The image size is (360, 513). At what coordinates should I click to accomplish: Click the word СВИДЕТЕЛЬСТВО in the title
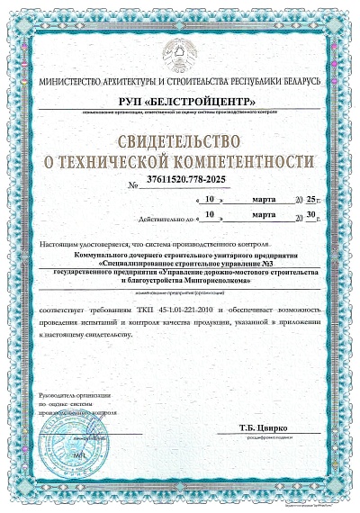(180, 141)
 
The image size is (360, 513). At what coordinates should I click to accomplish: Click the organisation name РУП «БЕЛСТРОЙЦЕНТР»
(180, 100)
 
